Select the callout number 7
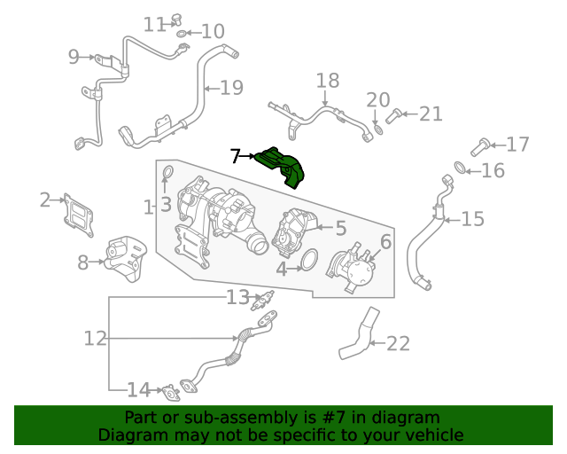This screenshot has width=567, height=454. pos(235,157)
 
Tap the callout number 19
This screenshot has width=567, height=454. pos(230,88)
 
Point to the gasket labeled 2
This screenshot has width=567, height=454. pos(78,212)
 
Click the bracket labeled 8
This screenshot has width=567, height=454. pos(123,259)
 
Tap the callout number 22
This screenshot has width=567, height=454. pos(399,343)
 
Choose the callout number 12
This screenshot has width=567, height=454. pos(96,339)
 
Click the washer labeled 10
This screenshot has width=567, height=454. pos(183,34)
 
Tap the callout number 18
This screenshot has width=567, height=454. pos(328,81)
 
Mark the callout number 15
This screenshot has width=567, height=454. pos(473,218)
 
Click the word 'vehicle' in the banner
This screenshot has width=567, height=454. pos(434,434)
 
